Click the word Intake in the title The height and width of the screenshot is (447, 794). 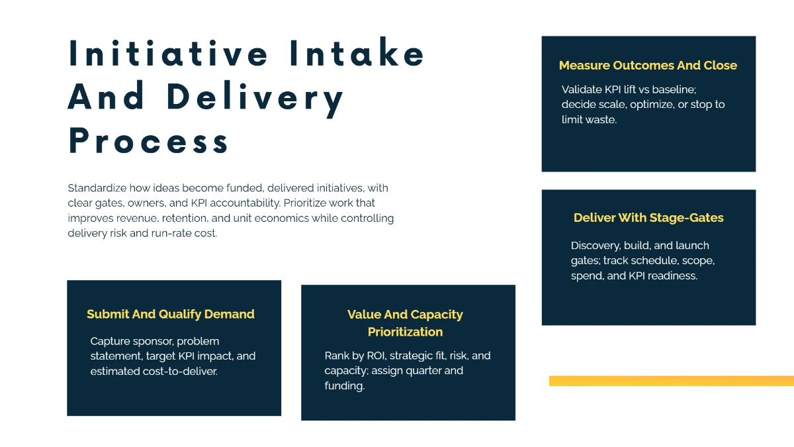pos(357,54)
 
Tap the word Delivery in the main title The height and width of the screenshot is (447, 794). pos(255,97)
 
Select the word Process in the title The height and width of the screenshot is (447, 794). pos(149,140)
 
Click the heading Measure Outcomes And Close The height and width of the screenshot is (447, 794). pos(648,66)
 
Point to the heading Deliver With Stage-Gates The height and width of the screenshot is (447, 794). pos(648,218)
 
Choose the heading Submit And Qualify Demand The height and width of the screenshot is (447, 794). pos(171,314)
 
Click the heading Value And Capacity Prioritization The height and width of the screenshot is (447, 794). pos(405,323)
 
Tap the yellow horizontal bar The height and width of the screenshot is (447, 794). pos(671,381)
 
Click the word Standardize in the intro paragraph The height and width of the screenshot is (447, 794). pos(97,188)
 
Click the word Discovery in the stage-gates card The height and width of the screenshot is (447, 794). pos(594,246)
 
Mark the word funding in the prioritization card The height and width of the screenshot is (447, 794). pos(343,385)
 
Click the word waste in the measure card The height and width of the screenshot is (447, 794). pos(601,120)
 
